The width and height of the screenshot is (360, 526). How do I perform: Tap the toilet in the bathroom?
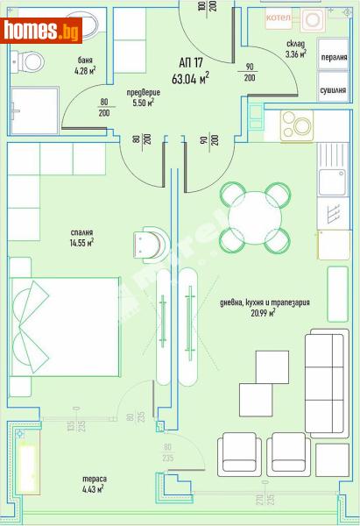click(33, 60)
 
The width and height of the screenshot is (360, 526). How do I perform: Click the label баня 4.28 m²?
click(84, 66)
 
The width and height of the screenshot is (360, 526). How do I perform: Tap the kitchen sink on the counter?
click(333, 182)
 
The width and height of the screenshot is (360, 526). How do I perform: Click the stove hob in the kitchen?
click(298, 124)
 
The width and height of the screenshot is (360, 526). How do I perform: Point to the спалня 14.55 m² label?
click(83, 238)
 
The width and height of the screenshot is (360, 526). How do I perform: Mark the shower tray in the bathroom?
click(34, 110)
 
